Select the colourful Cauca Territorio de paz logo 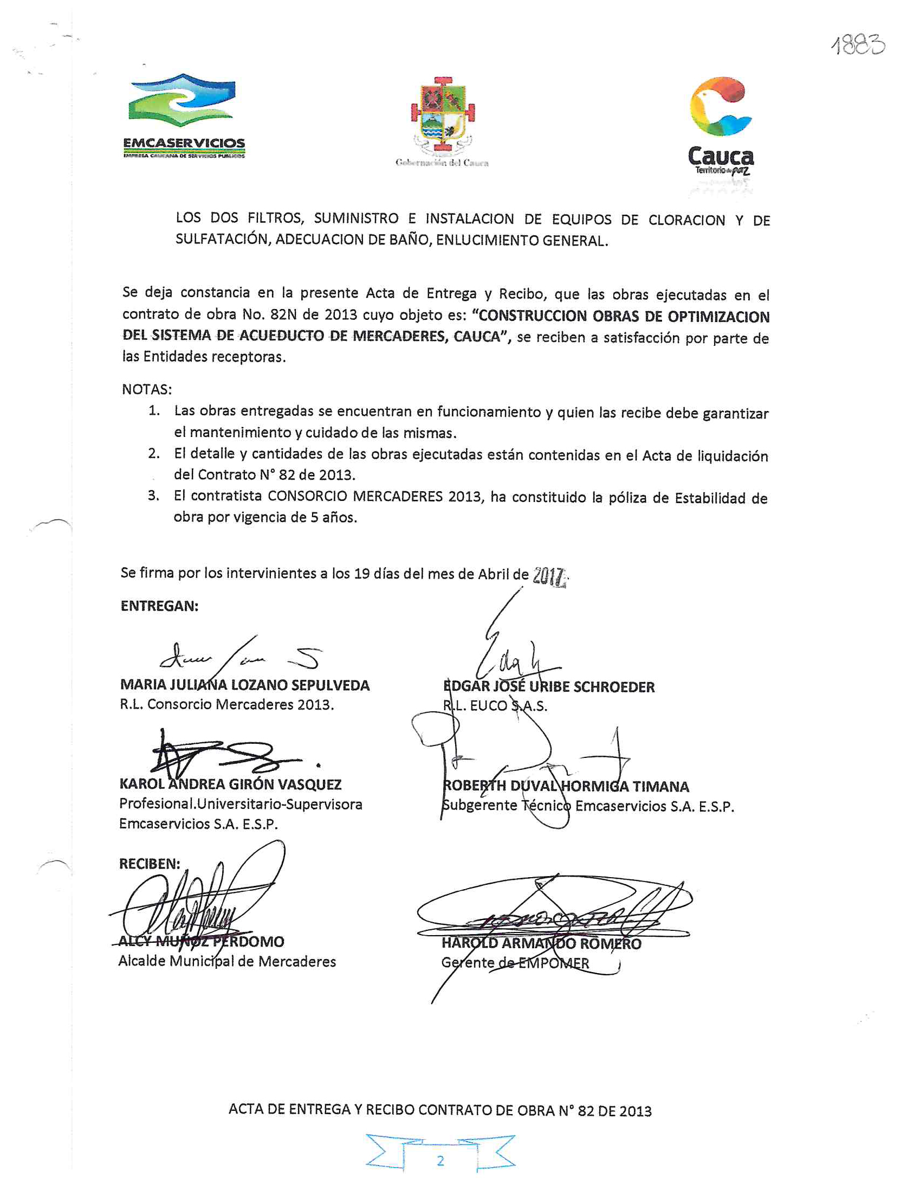point(720,125)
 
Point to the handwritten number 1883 point(858,44)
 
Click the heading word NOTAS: point(146,389)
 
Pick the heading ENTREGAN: point(159,606)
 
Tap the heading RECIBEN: point(149,864)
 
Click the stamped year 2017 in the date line point(549,575)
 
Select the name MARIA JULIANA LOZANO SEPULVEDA point(244,685)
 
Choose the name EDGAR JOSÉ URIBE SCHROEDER point(549,686)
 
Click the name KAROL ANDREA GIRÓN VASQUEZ point(230,784)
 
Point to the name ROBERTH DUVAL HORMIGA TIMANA point(566,786)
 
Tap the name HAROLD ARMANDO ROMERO point(541,943)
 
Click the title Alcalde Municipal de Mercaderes point(227,961)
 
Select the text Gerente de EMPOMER point(515,963)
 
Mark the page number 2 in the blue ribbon point(440,1161)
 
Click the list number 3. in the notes point(154,496)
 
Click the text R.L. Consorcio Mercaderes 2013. point(226,705)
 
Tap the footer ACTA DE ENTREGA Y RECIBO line point(439,1110)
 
